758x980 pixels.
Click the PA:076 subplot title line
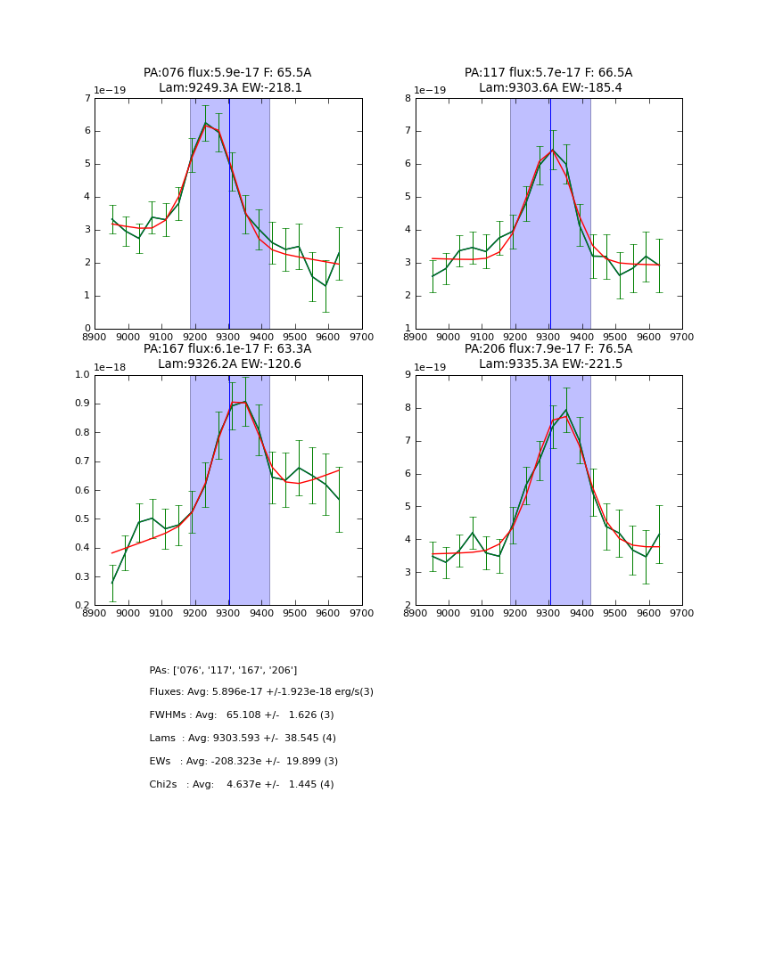(227, 73)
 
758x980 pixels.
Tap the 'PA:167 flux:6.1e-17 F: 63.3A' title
(227, 349)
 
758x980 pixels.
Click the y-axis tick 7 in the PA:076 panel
(87, 98)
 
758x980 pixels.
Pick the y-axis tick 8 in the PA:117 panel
(408, 98)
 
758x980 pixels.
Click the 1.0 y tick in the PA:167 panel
(82, 375)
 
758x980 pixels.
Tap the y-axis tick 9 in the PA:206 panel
(408, 375)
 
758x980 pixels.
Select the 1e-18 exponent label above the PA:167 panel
(111, 367)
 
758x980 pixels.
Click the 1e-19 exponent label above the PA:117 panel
(432, 91)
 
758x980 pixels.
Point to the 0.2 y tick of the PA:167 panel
(82, 606)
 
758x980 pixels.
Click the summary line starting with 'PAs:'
(223, 670)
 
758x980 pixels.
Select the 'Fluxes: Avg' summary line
(261, 692)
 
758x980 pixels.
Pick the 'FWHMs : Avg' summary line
(241, 715)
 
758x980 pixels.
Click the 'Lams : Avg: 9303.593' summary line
(243, 739)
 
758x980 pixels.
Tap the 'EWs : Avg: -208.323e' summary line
(243, 762)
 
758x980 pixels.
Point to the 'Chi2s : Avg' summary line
(241, 785)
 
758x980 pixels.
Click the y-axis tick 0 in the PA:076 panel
(87, 329)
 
